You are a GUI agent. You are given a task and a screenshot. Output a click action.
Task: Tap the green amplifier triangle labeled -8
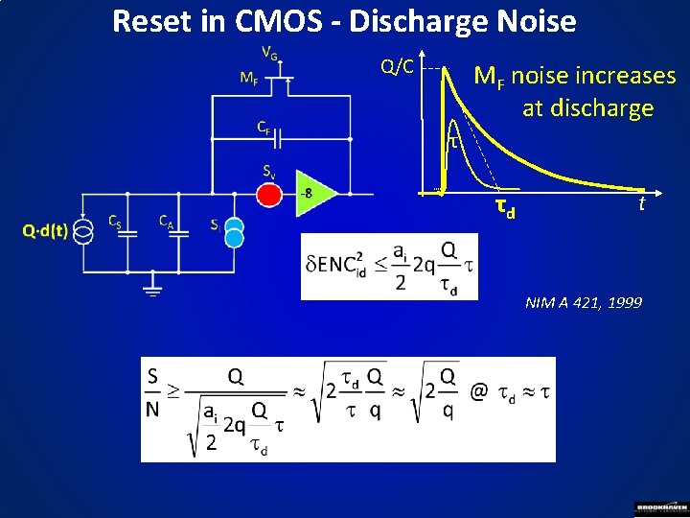point(313,194)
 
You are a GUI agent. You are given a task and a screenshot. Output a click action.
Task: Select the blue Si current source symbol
point(234,235)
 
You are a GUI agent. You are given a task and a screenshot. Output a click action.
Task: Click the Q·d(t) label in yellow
point(45,230)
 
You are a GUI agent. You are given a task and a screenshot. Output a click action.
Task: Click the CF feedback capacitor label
point(263,126)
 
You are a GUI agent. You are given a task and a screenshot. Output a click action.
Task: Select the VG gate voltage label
point(270,54)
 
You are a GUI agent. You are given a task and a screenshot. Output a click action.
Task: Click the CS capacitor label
point(114,222)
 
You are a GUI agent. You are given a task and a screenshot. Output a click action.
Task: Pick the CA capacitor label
point(166,222)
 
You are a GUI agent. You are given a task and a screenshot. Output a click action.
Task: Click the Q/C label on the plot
point(398,66)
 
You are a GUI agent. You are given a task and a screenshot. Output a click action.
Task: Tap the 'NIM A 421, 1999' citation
point(584,303)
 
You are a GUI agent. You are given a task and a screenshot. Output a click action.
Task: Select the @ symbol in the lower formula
point(478,391)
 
